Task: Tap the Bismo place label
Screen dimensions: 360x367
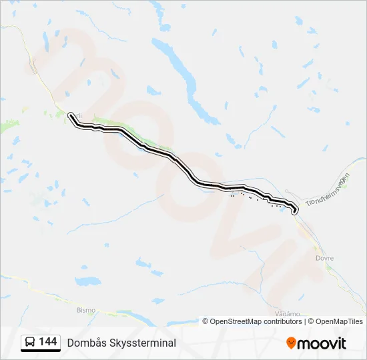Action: click(x=86, y=310)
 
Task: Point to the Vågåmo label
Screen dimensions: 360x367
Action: click(x=288, y=313)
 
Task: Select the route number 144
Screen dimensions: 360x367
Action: click(x=47, y=342)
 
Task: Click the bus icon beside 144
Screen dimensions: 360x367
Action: click(x=30, y=343)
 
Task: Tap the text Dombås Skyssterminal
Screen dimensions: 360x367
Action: click(x=121, y=343)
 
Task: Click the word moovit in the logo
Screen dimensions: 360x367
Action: click(x=322, y=343)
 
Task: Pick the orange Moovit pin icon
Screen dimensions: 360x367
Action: click(x=291, y=343)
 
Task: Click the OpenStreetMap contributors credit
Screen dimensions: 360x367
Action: click(x=253, y=321)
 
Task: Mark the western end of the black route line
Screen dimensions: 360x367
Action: click(x=70, y=115)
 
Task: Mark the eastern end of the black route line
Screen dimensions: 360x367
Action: click(x=294, y=212)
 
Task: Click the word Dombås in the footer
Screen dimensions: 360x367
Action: click(x=83, y=343)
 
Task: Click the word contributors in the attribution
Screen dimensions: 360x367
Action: click(x=283, y=321)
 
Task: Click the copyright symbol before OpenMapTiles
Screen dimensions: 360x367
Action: click(x=312, y=321)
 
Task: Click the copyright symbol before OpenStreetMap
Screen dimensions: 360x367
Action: click(x=206, y=321)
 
